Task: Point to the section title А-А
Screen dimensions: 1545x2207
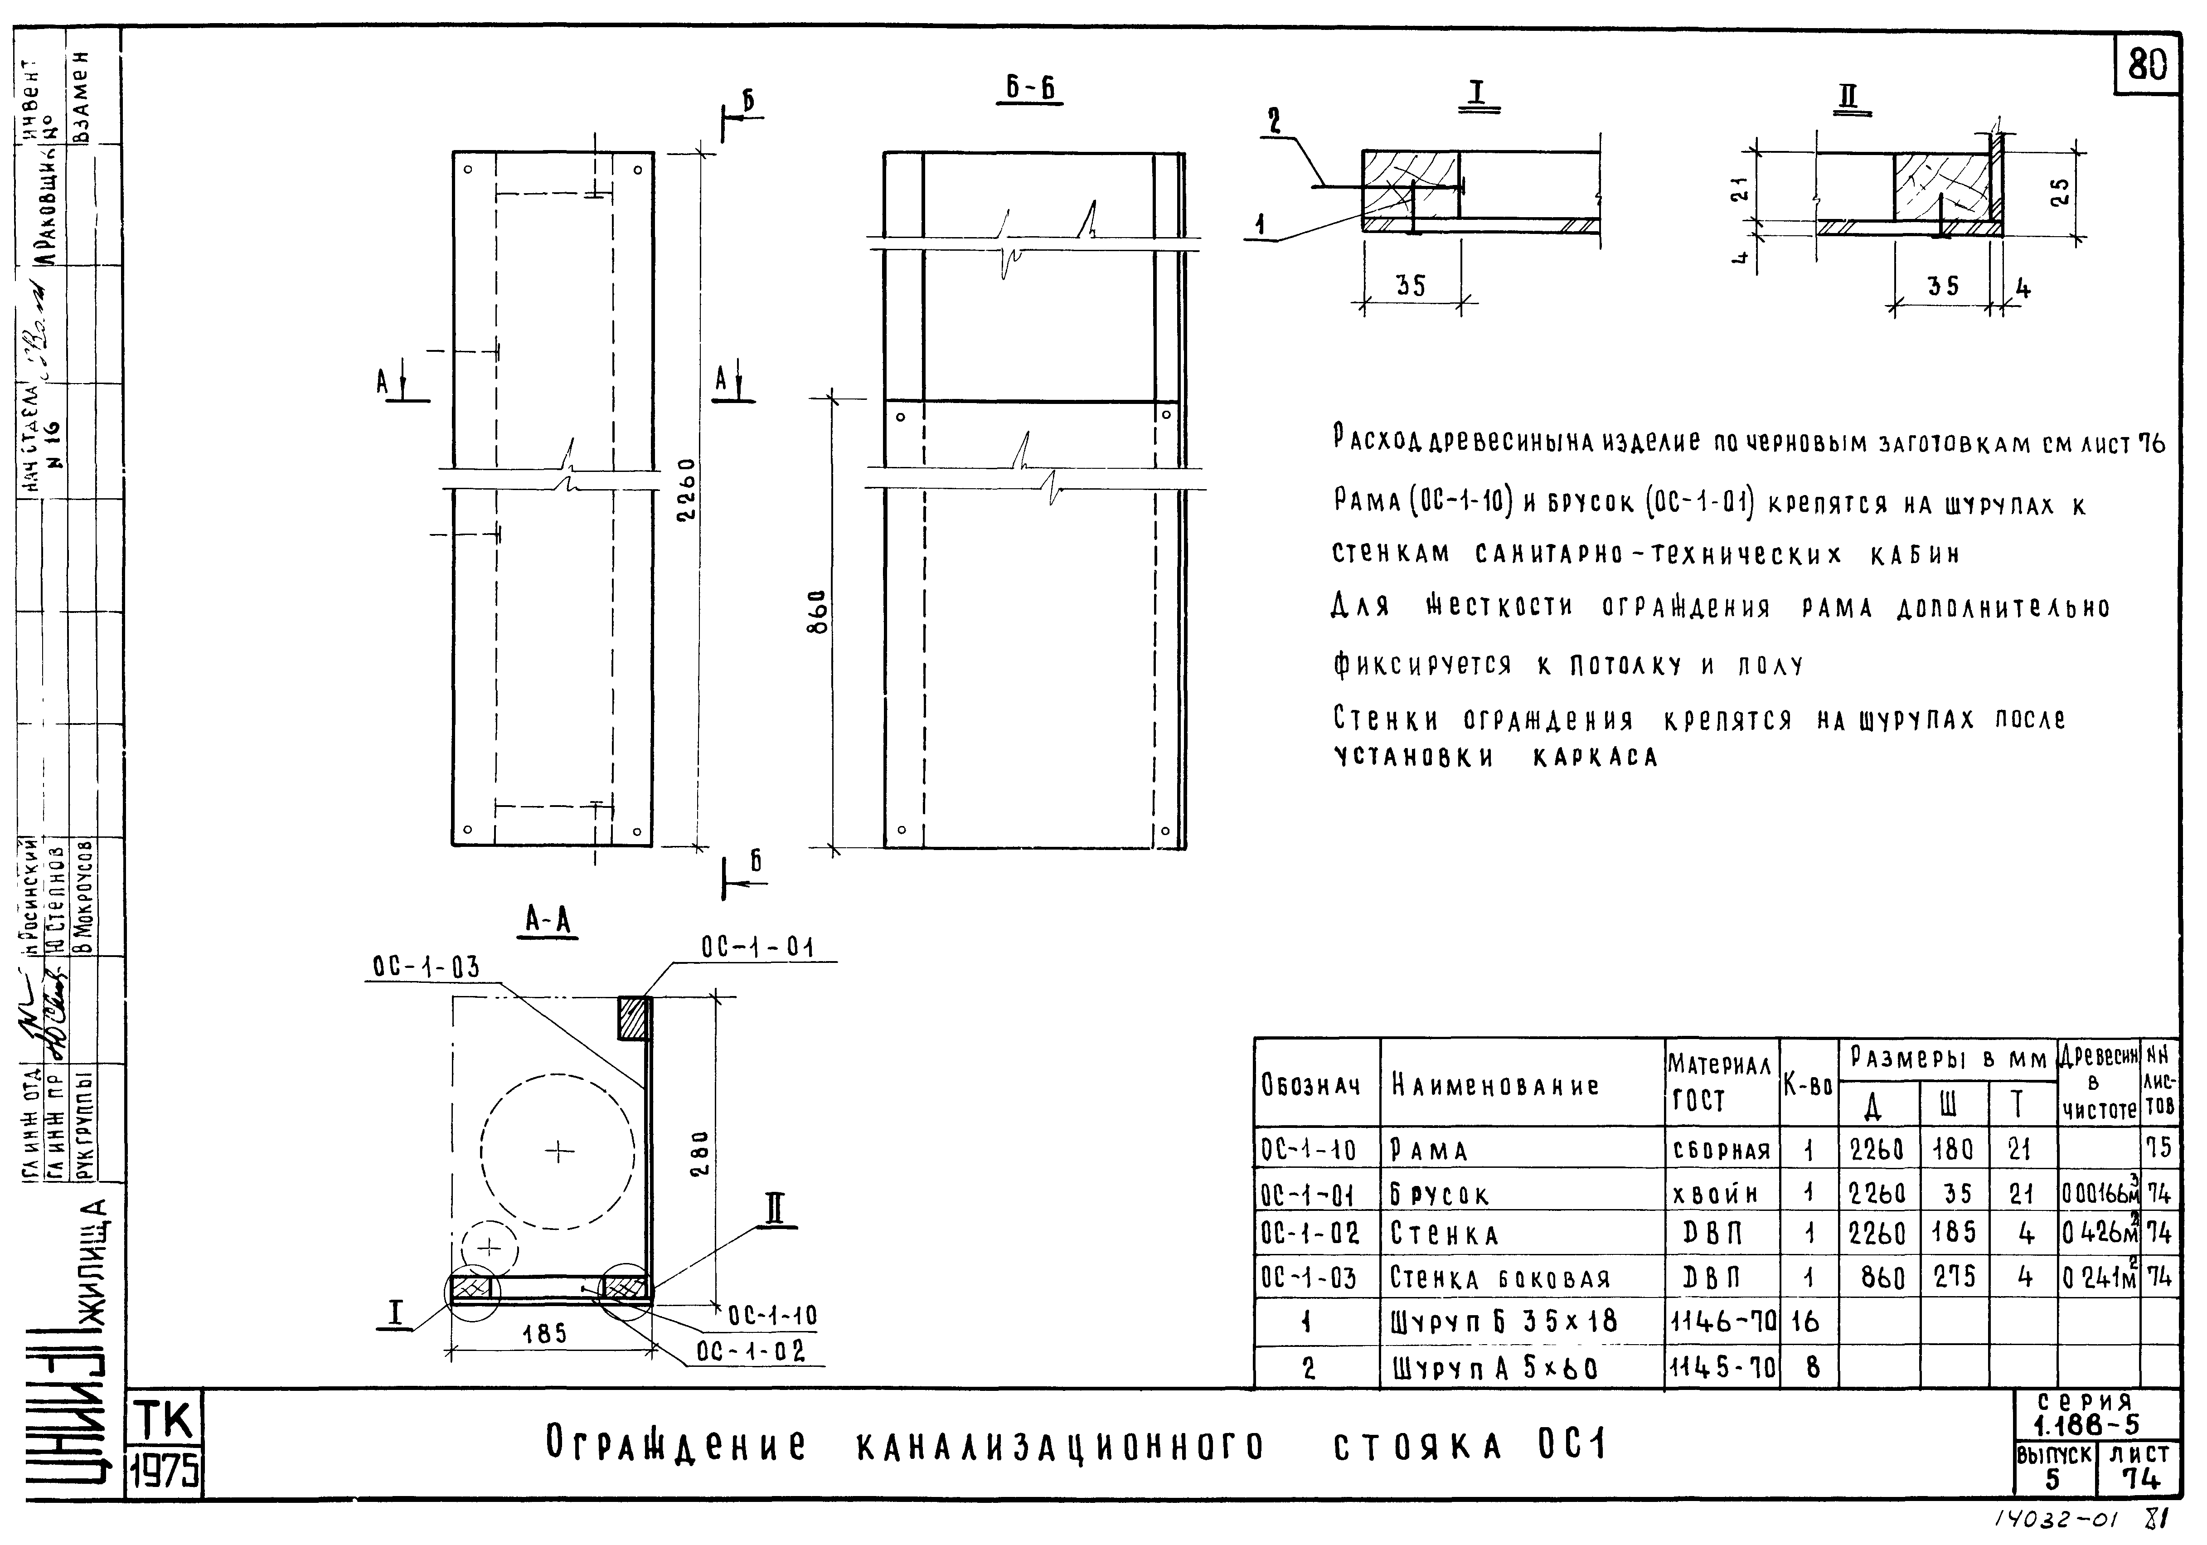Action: [548, 921]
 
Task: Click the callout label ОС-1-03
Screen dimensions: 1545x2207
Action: [426, 967]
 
